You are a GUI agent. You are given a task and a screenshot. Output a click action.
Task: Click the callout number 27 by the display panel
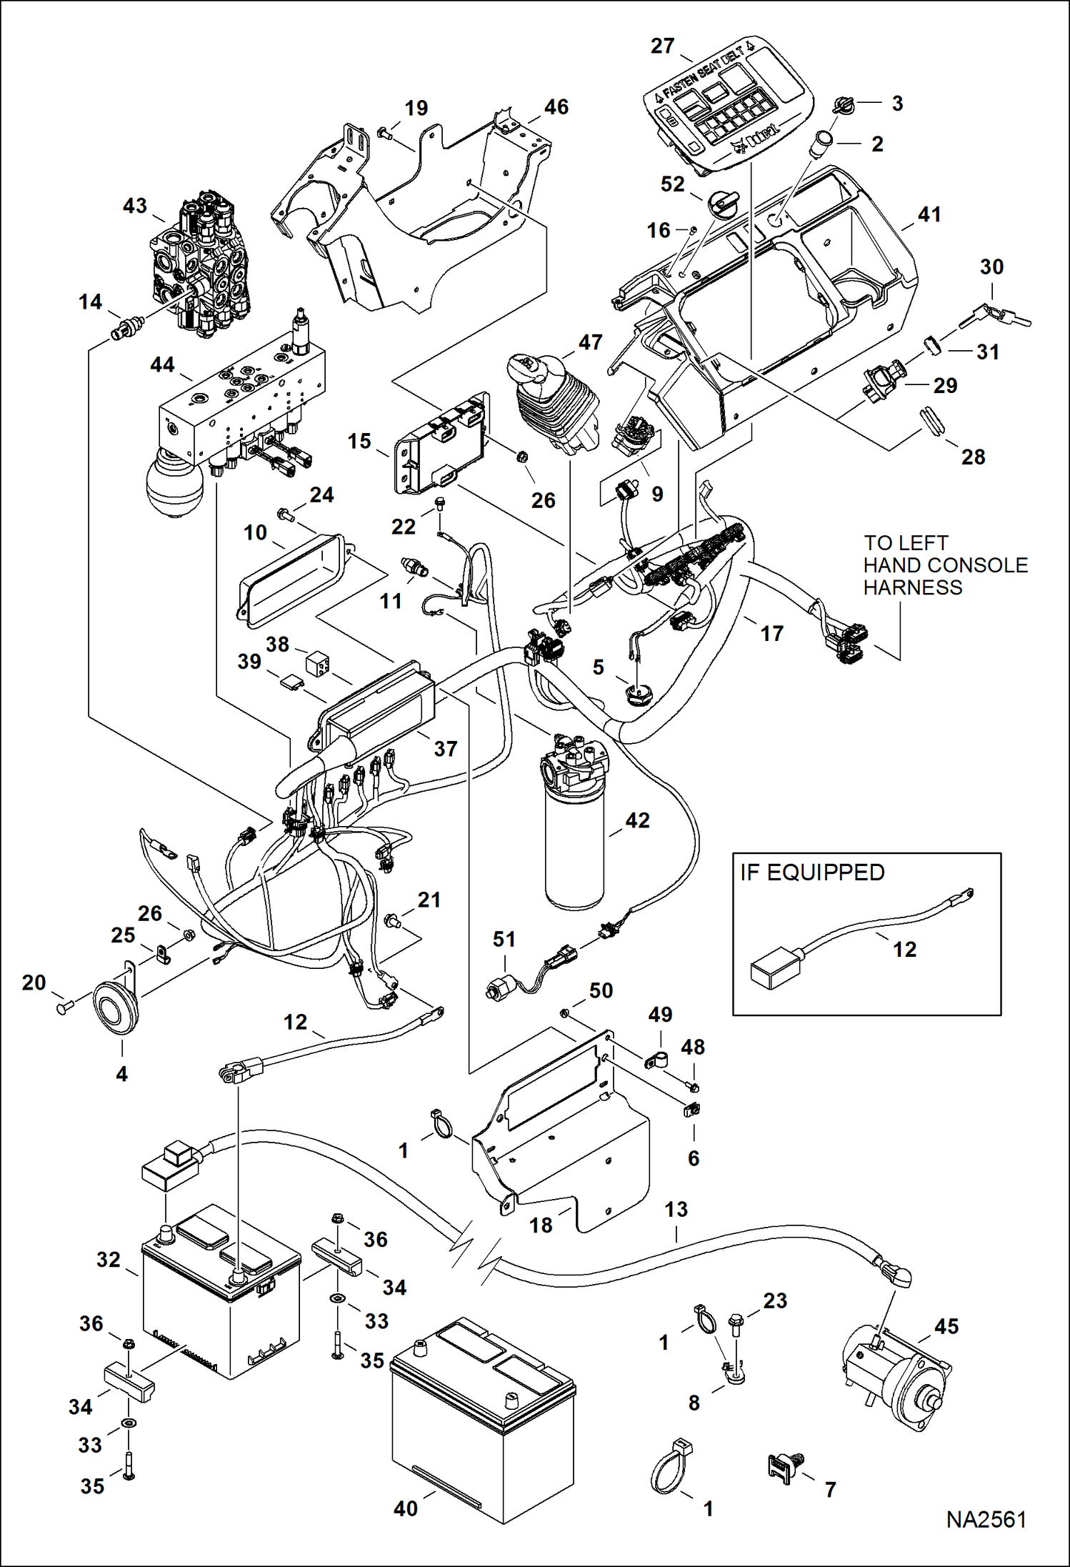tap(662, 46)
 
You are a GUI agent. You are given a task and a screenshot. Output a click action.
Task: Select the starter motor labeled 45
tap(897, 1378)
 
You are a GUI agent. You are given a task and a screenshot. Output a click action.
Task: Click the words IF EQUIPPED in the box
tap(812, 872)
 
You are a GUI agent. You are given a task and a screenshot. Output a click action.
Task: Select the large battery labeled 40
tap(483, 1421)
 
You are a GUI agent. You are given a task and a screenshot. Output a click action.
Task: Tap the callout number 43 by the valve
tap(134, 206)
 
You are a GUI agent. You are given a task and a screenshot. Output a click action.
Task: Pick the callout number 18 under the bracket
tap(541, 1225)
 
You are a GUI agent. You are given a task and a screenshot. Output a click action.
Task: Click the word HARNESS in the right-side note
tap(912, 587)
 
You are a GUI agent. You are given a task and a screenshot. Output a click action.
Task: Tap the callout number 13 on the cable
tap(676, 1209)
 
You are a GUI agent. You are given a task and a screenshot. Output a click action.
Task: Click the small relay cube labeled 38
tap(317, 662)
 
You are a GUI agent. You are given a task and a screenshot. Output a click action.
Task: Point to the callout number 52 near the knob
tap(672, 184)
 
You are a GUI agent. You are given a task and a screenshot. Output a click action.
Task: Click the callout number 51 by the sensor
tap(504, 939)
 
